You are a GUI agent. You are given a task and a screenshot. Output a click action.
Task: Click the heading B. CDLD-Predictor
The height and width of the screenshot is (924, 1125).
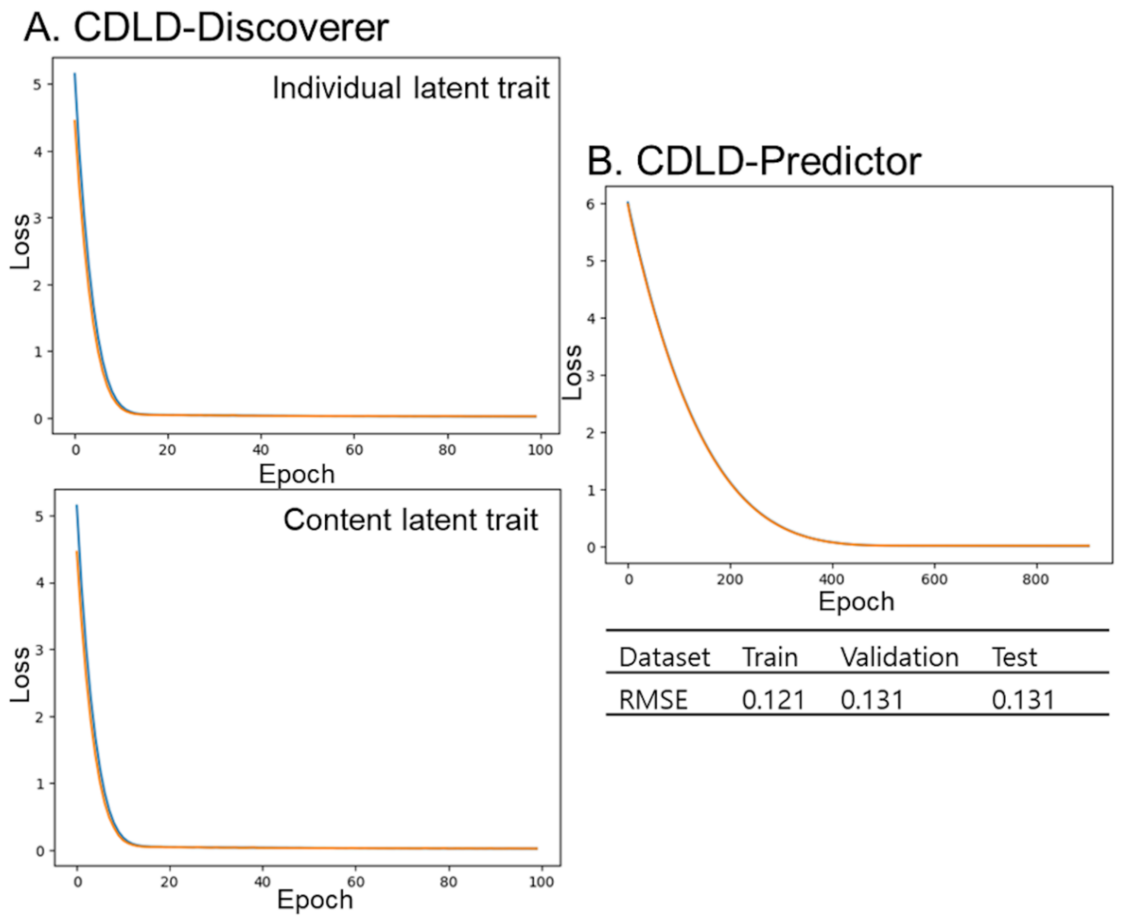(x=754, y=161)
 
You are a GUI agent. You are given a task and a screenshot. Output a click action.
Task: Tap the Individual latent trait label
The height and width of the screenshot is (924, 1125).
(x=410, y=88)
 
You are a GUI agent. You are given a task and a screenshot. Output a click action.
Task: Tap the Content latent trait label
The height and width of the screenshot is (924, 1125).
(x=410, y=520)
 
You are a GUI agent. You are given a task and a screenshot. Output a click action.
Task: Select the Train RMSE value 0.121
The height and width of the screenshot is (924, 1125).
(x=773, y=700)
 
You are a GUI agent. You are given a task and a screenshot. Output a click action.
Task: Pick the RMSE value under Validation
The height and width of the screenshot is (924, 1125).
(x=872, y=700)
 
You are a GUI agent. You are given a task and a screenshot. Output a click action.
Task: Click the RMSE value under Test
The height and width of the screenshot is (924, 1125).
(x=1023, y=700)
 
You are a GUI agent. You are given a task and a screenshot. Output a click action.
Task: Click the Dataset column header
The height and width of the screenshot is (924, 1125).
(x=664, y=657)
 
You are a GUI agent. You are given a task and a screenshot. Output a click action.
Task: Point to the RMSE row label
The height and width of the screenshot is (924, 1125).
(x=653, y=700)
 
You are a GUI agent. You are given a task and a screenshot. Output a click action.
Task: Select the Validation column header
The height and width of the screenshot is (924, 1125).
(x=899, y=657)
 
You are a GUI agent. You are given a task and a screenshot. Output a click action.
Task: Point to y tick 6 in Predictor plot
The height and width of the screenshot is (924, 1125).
(x=590, y=204)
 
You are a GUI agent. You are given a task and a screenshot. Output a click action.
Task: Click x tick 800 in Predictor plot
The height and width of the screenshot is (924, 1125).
(x=1035, y=579)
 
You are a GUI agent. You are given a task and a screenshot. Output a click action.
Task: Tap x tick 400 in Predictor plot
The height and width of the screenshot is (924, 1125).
(x=832, y=579)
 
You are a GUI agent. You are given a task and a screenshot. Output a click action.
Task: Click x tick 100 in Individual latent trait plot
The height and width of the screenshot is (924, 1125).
(x=540, y=450)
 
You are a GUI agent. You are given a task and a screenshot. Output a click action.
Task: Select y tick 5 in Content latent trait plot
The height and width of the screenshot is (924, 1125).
(x=38, y=516)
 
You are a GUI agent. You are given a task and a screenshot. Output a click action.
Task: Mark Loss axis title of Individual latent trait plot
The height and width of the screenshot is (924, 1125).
(x=20, y=242)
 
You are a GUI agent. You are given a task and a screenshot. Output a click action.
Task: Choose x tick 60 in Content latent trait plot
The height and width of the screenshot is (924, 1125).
(x=356, y=882)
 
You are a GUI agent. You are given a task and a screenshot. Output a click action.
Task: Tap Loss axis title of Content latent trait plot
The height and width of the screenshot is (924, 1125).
(x=20, y=674)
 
